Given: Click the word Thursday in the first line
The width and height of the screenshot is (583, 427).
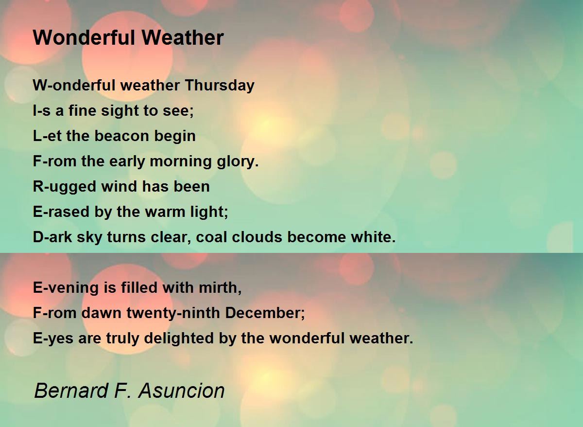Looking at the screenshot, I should coord(220,86).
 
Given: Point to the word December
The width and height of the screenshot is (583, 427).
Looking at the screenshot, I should coord(265,313).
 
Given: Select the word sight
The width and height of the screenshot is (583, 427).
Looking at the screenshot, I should coord(106,111).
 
